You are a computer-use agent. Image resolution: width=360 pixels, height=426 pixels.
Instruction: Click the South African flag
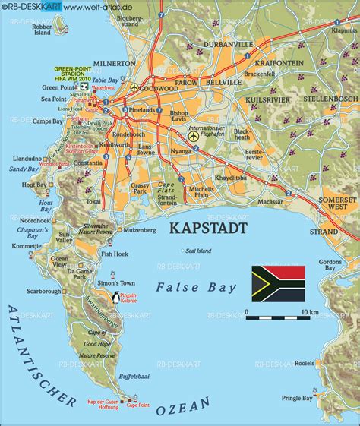[279, 280]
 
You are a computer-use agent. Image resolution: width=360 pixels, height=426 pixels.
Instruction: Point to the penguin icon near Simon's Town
[115, 298]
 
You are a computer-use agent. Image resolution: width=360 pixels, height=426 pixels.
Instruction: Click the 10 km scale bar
[276, 312]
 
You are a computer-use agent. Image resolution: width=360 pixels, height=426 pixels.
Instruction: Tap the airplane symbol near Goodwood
[134, 88]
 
